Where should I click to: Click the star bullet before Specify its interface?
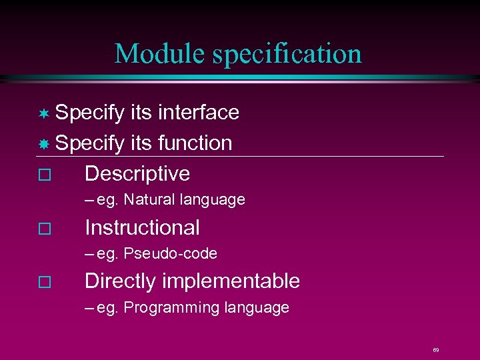pyautogui.click(x=44, y=113)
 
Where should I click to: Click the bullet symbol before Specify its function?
pyautogui.click(x=44, y=143)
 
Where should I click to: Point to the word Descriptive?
pyautogui.click(x=137, y=173)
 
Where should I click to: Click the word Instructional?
pyautogui.click(x=142, y=227)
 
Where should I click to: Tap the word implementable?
pyautogui.click(x=231, y=281)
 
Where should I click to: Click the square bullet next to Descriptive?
pyautogui.click(x=44, y=175)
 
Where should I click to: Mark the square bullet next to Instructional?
pyautogui.click(x=44, y=229)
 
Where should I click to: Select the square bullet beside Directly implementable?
pyautogui.click(x=44, y=283)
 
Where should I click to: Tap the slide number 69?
pyautogui.click(x=435, y=349)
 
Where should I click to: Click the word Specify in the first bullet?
pyautogui.click(x=89, y=113)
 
